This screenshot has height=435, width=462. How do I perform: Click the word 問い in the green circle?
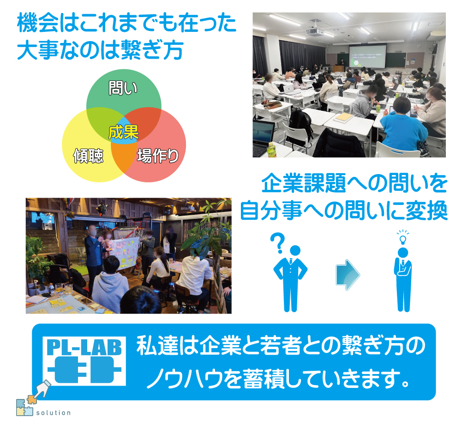pos(123,88)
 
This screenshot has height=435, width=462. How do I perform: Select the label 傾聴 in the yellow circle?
pos(88,156)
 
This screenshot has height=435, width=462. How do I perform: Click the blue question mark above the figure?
pos(278,243)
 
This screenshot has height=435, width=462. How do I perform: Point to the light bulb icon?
pos(403,237)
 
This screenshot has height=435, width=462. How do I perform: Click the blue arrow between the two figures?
pos(348,275)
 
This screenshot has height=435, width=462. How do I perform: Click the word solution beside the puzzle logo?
pos(54,412)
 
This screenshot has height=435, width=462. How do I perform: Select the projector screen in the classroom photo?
pos(367,56)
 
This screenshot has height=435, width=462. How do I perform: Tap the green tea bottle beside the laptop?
pos(271,150)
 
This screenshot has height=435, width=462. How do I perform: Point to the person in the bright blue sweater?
pos(402,127)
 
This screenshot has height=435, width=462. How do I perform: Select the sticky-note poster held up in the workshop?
pos(125,254)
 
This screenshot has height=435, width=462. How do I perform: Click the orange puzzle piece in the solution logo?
pos(32,399)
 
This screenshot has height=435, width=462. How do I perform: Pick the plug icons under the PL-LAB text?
pos(84,369)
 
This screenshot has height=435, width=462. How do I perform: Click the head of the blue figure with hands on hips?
pos(295,250)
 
